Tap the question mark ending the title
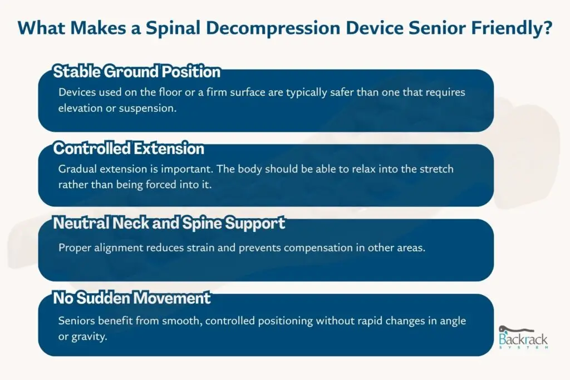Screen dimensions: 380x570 point(547,28)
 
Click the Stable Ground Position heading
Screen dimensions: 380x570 point(136,72)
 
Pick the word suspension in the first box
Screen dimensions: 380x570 point(149,108)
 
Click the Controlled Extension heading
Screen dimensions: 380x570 point(129,149)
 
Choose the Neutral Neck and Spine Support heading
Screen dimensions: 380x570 point(169,224)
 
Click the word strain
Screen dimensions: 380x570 point(198,248)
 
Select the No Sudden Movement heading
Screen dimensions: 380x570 point(131,298)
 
